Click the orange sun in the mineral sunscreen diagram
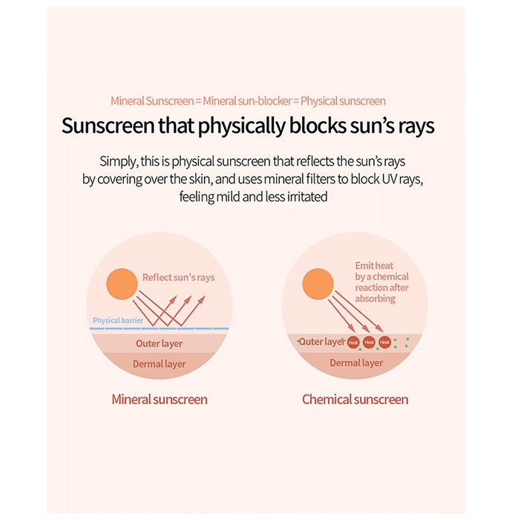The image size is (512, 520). coord(122,284)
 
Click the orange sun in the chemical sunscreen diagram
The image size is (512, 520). coord(318,284)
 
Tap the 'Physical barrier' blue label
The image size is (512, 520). coord(118,320)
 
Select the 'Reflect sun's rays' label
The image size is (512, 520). coord(179,277)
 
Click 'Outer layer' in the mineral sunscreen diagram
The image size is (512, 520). coord(159,343)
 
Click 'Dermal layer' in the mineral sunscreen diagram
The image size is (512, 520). coord(159,364)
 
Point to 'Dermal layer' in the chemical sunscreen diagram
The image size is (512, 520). coord(356,363)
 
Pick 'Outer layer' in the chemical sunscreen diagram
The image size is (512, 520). coord(322,342)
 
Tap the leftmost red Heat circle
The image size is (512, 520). coord(353,342)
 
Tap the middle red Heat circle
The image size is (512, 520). coord(369,342)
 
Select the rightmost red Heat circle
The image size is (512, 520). coord(385,342)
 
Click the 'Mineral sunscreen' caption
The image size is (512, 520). coord(160,400)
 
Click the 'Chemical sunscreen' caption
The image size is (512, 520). coord(355,400)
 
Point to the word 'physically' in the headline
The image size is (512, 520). coord(242,126)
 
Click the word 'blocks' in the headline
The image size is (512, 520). coord(318,126)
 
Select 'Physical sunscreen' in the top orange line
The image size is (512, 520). coord(343,101)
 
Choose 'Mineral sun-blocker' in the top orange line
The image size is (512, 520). coord(247,101)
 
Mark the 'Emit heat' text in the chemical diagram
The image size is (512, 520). coord(374,266)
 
